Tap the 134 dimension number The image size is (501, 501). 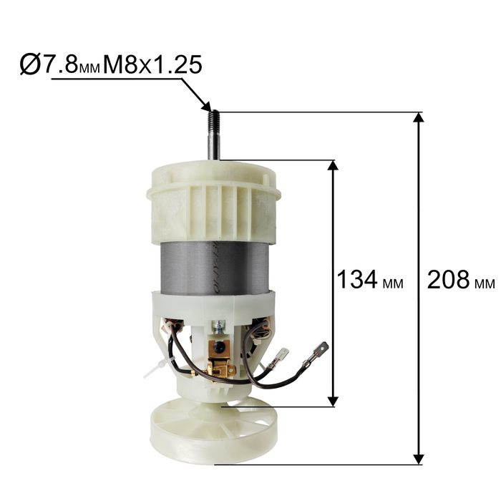coord(357,279)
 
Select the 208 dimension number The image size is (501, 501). coord(448,280)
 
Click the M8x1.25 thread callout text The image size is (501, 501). coord(152,65)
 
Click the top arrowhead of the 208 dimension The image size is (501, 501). coord(418,117)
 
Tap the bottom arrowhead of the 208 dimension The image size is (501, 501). coord(418,459)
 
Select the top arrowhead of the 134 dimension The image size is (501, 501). coord(333,165)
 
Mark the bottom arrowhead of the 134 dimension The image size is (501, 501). coord(333,402)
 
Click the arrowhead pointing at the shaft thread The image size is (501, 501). coord(206,105)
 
